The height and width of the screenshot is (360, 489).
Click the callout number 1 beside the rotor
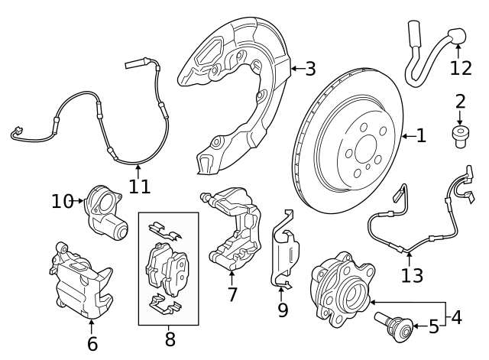[421, 136]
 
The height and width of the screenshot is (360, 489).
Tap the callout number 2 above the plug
[460, 101]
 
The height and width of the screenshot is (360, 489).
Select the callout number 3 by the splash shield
[309, 70]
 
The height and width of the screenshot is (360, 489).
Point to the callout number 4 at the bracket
[456, 316]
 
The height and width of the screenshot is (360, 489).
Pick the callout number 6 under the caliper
[92, 344]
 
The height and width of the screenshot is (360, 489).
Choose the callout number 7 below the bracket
[232, 294]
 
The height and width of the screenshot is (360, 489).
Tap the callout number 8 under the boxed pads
[170, 336]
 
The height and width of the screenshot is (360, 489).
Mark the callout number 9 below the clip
[283, 310]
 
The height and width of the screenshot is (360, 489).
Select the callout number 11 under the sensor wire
[138, 185]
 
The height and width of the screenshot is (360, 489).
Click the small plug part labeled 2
[460, 137]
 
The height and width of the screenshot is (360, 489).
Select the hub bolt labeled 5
[398, 326]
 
